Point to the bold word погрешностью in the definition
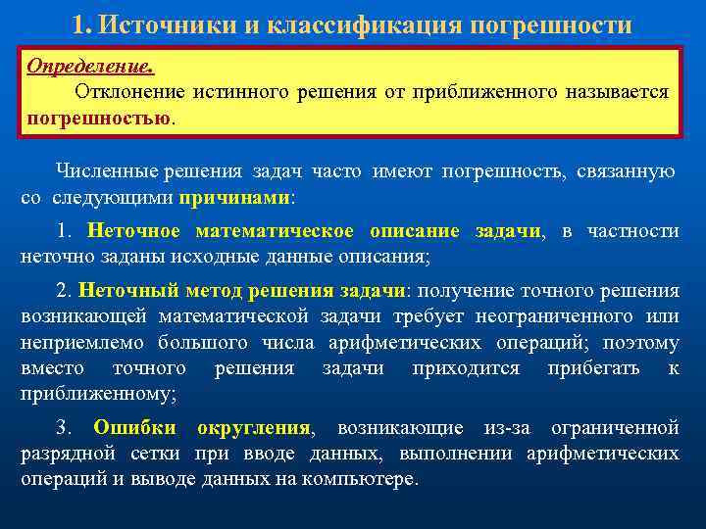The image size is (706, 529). click(98, 118)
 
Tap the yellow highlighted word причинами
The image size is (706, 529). click(234, 196)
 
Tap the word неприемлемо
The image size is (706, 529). click(73, 342)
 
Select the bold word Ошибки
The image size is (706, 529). click(135, 428)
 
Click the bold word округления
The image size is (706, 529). click(254, 428)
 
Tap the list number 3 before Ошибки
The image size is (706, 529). click(63, 428)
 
